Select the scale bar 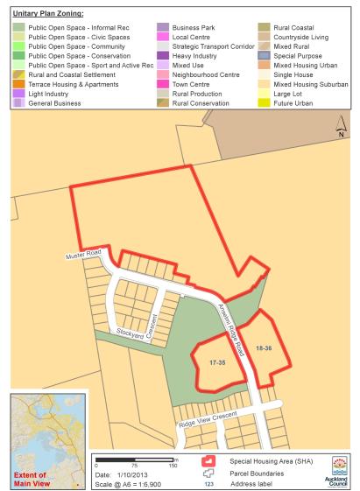pyautogui.click(x=136, y=459)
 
